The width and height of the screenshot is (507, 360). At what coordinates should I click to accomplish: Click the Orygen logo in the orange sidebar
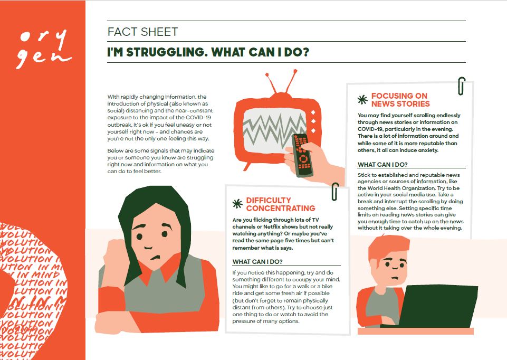[44, 49]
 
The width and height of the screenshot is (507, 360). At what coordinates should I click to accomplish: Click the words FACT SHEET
[142, 32]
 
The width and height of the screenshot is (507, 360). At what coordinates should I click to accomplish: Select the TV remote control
[302, 155]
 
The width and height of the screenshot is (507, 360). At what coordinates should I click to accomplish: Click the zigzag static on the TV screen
[274, 130]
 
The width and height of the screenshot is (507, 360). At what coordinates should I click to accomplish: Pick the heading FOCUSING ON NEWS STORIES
[400, 100]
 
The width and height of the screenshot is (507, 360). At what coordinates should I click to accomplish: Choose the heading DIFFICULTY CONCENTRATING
[280, 204]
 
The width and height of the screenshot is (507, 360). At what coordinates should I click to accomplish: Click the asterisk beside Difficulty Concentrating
[237, 204]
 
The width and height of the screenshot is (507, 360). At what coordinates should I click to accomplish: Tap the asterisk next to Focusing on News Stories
[362, 100]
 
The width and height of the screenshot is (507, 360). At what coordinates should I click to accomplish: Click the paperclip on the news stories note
[462, 86]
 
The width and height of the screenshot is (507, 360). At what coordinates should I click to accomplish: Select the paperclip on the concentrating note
[335, 192]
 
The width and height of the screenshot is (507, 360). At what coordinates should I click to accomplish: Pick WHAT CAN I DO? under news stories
[382, 164]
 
